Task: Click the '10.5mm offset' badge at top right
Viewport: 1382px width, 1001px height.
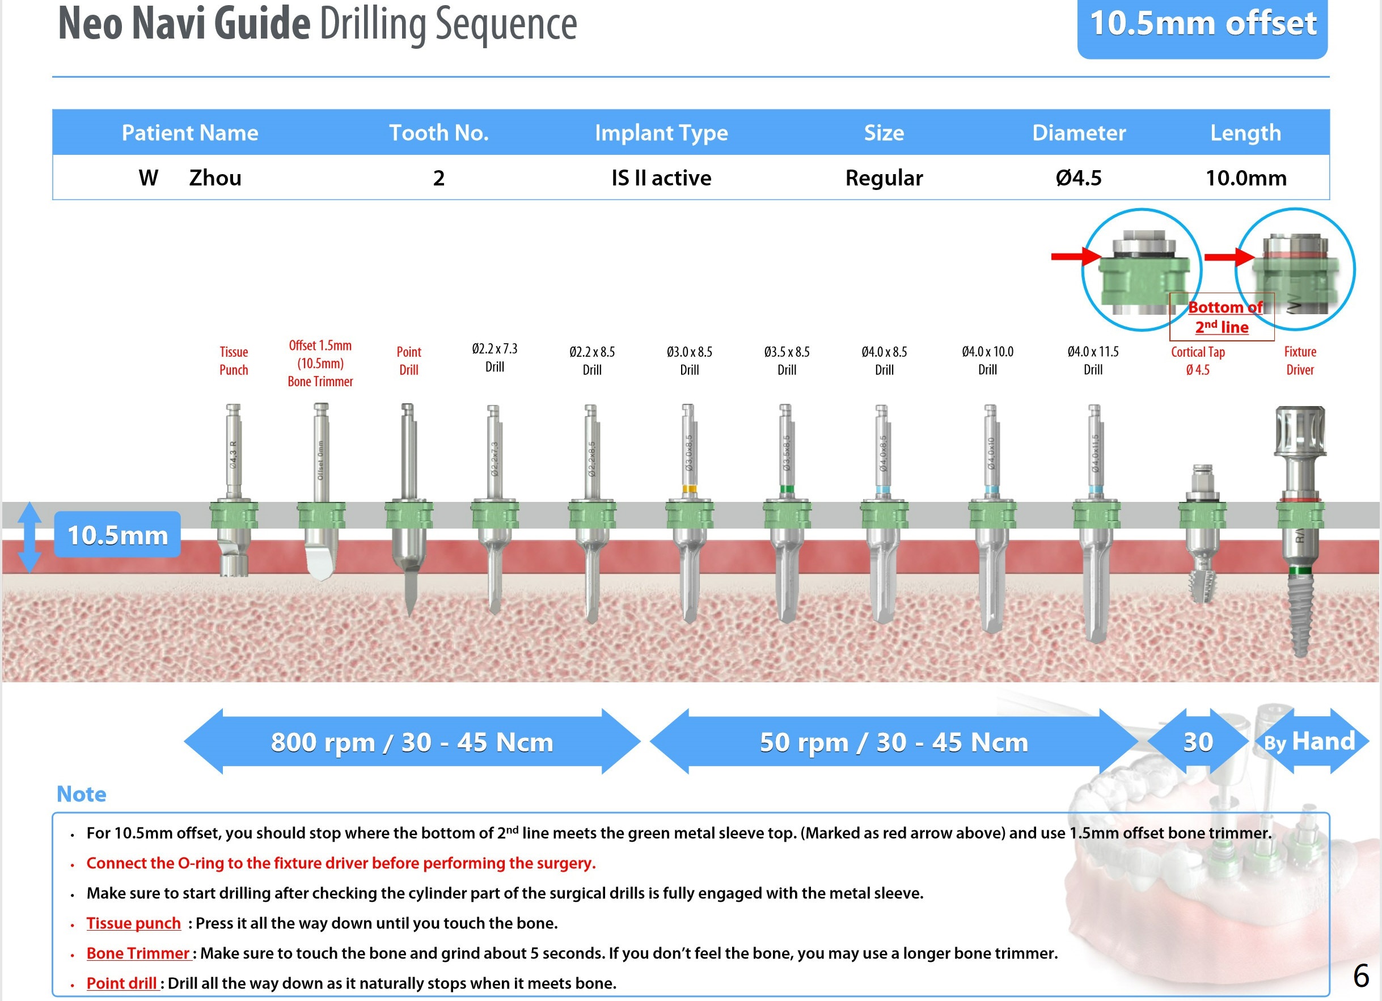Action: [x=1202, y=26]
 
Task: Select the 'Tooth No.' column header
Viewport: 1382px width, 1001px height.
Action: [x=439, y=133]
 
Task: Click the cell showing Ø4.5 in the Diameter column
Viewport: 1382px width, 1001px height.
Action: [x=1079, y=178]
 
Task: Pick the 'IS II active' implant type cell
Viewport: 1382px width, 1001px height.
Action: [x=661, y=178]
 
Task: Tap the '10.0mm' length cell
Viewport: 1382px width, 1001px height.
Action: [x=1245, y=178]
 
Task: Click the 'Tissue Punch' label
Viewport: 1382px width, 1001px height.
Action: [x=234, y=361]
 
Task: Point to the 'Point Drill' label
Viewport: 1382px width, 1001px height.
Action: [x=408, y=361]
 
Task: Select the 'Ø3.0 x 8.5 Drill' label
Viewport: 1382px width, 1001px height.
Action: [x=689, y=361]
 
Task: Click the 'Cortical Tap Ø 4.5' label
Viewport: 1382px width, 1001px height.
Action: [x=1197, y=361]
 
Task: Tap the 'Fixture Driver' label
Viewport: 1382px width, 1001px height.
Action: [x=1300, y=361]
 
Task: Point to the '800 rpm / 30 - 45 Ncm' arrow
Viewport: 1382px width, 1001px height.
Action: [x=412, y=741]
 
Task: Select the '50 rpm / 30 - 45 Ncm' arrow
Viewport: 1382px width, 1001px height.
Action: [x=893, y=741]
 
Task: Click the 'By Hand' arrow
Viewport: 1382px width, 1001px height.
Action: [x=1310, y=741]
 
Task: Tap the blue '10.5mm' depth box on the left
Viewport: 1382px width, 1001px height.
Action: [x=117, y=535]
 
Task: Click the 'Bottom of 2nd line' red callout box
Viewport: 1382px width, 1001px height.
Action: [x=1222, y=317]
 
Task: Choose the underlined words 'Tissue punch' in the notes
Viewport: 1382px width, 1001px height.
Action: [x=133, y=923]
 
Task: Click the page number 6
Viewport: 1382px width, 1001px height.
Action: [x=1360, y=977]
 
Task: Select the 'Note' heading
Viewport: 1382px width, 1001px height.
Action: [x=81, y=794]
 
